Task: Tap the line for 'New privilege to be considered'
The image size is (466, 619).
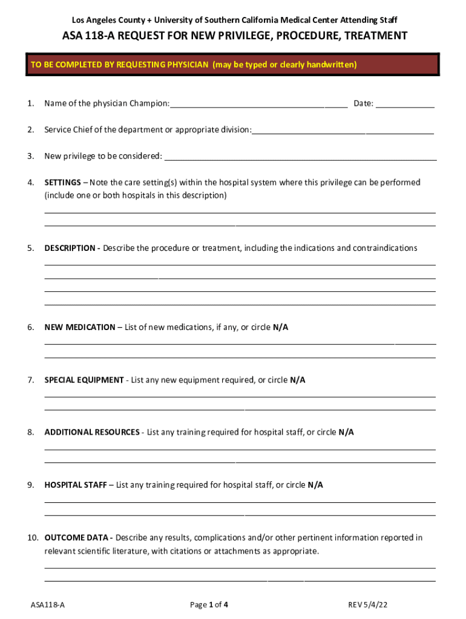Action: point(300,158)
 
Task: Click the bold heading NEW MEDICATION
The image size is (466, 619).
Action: point(79,327)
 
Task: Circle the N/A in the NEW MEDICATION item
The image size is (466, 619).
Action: point(280,327)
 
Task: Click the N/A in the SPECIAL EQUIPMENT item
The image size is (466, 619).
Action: point(297,380)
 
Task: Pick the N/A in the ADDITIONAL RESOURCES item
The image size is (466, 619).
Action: point(346,432)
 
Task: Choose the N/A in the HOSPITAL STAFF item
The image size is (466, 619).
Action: point(315,485)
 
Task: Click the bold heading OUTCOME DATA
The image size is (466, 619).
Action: point(77,537)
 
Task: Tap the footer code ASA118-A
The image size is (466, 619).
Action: point(48,604)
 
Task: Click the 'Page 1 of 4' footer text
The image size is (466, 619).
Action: point(209,604)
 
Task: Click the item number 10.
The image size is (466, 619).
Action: point(33,537)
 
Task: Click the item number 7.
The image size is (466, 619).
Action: point(30,380)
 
